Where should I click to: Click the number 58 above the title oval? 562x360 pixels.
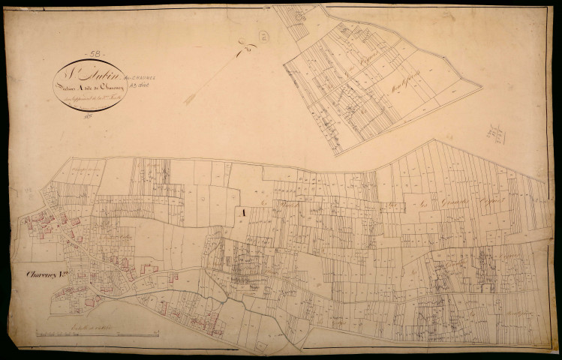point(95,54)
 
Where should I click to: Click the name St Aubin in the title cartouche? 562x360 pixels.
point(86,74)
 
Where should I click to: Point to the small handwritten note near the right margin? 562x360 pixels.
point(495,134)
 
